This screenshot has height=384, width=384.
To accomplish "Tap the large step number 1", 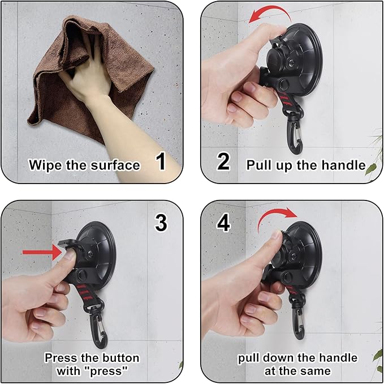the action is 161,161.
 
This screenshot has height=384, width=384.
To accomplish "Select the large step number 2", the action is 223,161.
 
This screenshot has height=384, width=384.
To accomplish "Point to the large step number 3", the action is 161,223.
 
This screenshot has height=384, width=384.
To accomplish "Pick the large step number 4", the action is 223,223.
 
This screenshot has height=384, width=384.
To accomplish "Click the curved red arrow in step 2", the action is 272,10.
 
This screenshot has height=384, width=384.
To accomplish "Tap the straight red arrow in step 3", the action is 42,252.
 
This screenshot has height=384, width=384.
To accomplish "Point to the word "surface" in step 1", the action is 115,165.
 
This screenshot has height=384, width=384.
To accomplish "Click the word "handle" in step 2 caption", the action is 343,165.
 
